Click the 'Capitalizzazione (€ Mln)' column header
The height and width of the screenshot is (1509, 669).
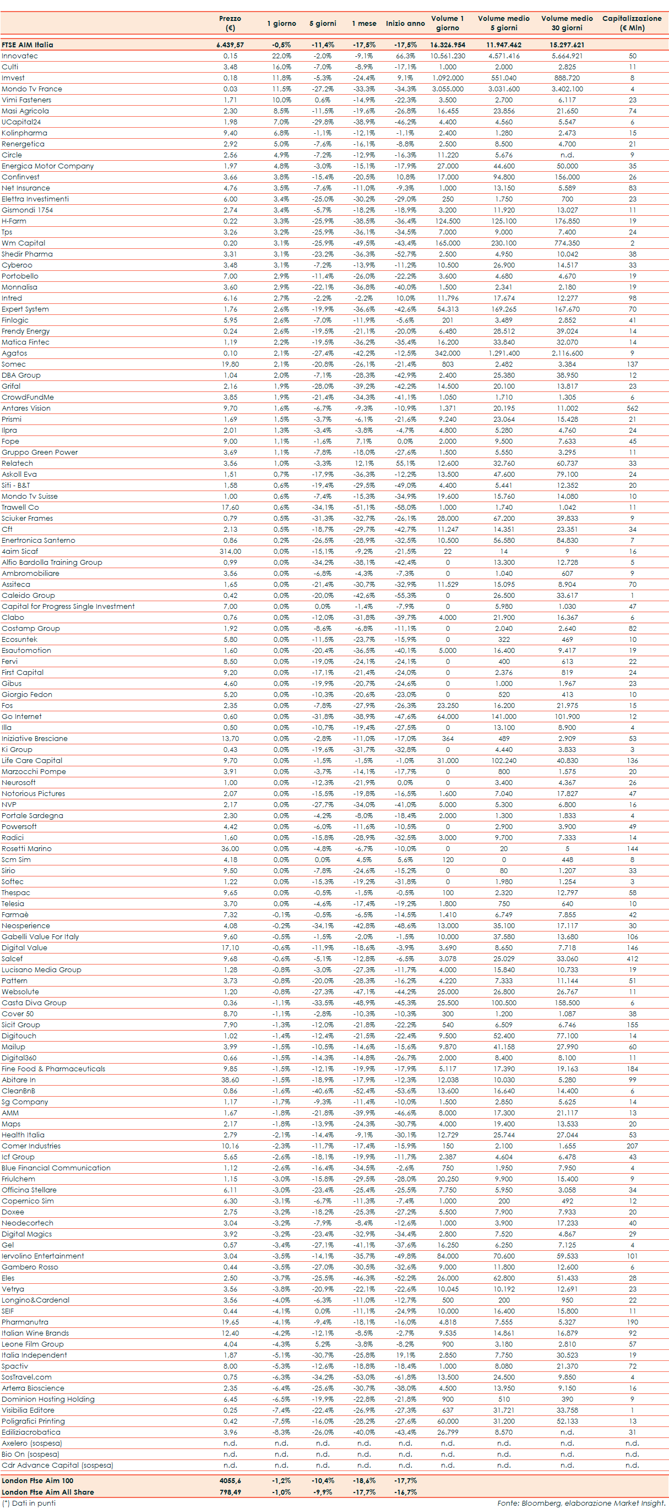[x=632, y=23]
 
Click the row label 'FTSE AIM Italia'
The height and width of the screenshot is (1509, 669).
[x=28, y=45]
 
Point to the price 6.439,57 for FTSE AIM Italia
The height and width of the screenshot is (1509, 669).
[x=230, y=45]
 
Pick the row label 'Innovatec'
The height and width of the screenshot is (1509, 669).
[x=20, y=56]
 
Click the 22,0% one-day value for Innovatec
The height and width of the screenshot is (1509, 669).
[x=281, y=56]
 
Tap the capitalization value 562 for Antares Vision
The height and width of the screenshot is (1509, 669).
[x=632, y=408]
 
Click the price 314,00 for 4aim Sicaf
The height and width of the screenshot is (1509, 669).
[x=230, y=551]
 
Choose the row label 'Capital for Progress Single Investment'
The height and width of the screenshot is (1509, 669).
[x=68, y=606]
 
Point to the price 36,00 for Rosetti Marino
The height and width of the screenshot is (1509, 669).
[x=230, y=848]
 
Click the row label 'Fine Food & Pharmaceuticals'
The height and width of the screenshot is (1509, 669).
[x=53, y=1069]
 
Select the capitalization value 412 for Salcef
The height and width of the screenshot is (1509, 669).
[x=632, y=958]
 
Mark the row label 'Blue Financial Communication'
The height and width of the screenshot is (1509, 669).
[x=56, y=1168]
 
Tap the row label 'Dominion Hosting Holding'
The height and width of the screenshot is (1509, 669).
[x=48, y=1399]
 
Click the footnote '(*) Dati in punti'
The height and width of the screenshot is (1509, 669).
[x=29, y=1502]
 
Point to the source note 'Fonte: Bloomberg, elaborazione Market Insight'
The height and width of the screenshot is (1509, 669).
[x=581, y=1502]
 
